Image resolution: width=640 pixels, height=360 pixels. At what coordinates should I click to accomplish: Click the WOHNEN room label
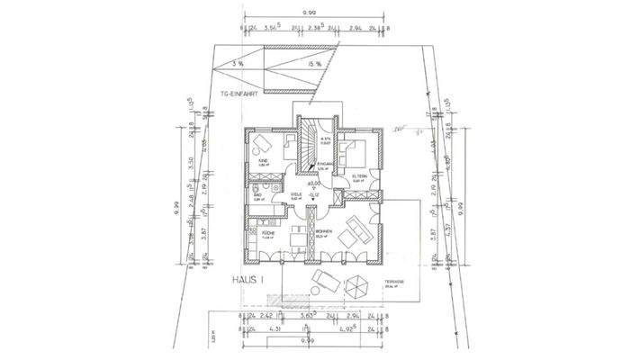[x=324, y=233]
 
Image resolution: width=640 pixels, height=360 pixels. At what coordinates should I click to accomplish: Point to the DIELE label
[x=295, y=194]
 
